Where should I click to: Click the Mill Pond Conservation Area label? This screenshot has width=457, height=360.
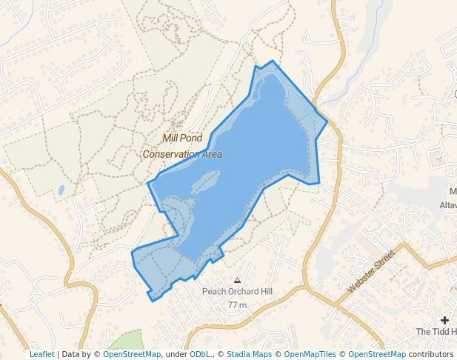tap(182, 146)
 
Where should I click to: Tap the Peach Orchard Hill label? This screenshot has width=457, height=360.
tap(238, 292)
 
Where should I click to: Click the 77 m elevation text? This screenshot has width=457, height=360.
tap(237, 305)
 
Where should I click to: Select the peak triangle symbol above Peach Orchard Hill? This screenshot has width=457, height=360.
tap(237, 281)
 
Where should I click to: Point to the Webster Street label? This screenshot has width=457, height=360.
tap(372, 270)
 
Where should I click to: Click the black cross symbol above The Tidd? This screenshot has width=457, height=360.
tap(444, 319)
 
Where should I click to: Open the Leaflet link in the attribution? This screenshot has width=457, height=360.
tap(41, 354)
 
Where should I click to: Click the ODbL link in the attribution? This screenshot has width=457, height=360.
tap(200, 354)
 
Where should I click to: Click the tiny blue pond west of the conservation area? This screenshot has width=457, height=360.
tap(61, 190)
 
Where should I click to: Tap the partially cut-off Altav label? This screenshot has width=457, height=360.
tap(448, 205)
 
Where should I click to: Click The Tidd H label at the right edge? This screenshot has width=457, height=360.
tap(436, 331)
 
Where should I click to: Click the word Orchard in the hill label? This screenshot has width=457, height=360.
tap(238, 292)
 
